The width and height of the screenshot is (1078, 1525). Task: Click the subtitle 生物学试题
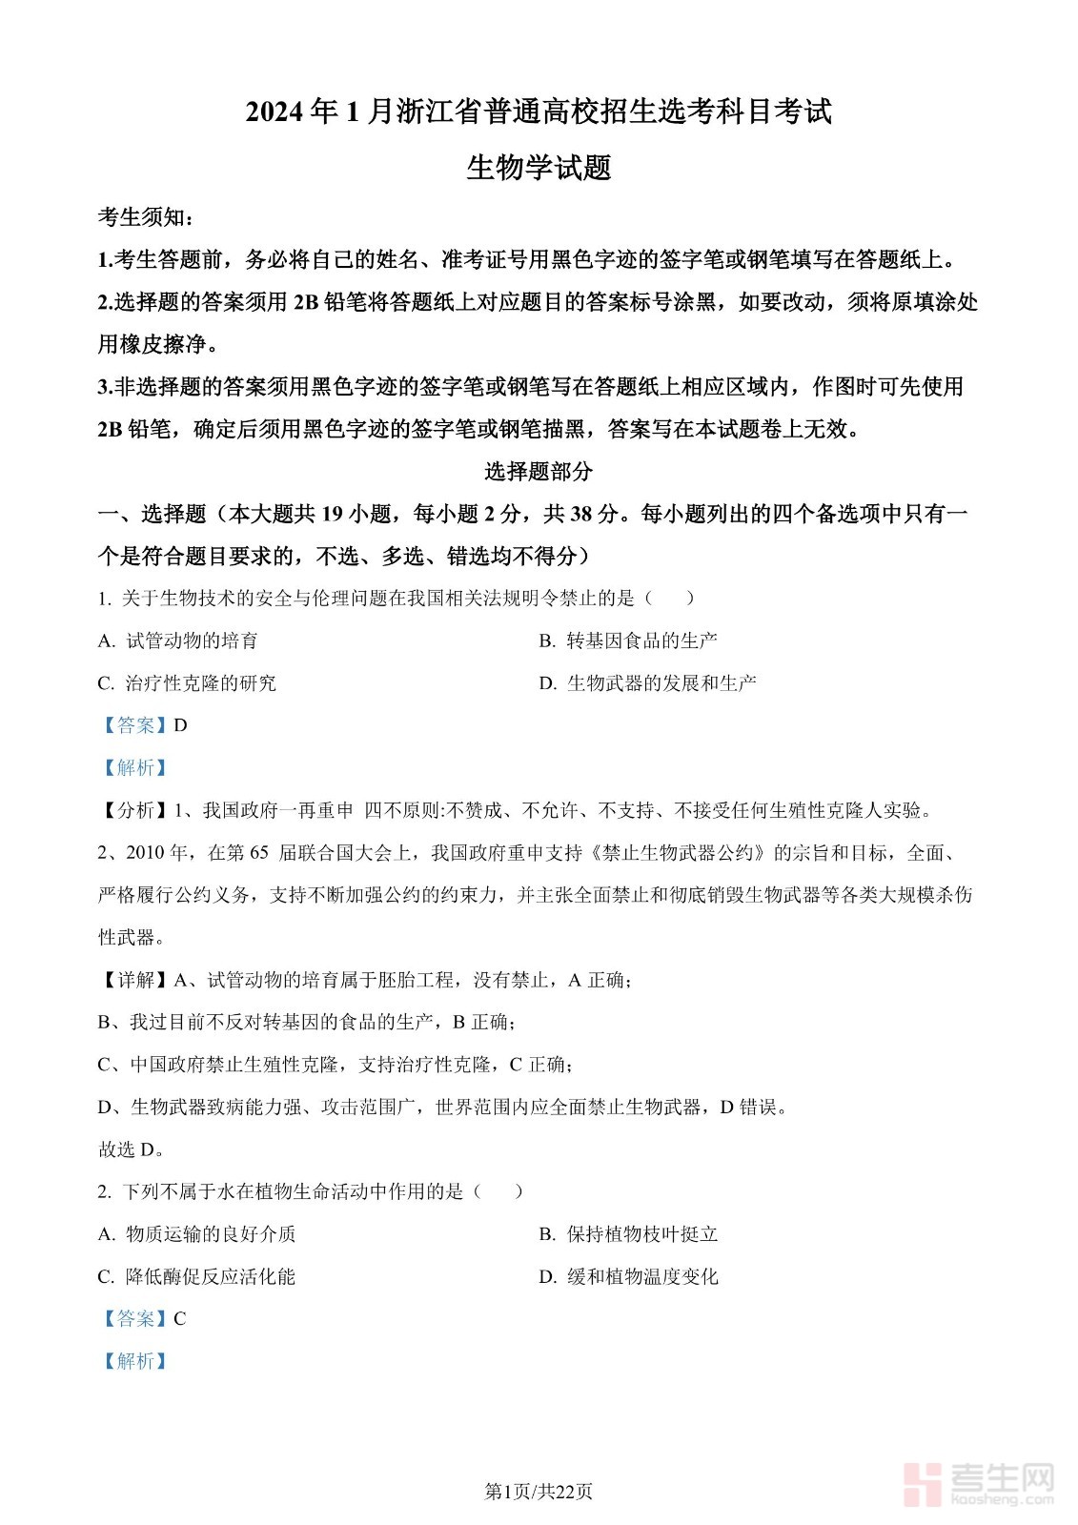(539, 168)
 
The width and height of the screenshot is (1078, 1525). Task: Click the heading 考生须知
(146, 217)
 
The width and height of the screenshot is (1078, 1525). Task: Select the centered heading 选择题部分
(539, 471)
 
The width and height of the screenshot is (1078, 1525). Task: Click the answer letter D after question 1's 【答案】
(181, 725)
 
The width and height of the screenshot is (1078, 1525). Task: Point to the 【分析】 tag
(134, 810)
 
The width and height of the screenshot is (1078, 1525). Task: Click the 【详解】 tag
(134, 980)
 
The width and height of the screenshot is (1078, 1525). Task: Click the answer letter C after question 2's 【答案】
(180, 1319)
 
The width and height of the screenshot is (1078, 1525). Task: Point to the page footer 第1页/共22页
(539, 1492)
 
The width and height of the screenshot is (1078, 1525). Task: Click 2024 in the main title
(276, 112)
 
